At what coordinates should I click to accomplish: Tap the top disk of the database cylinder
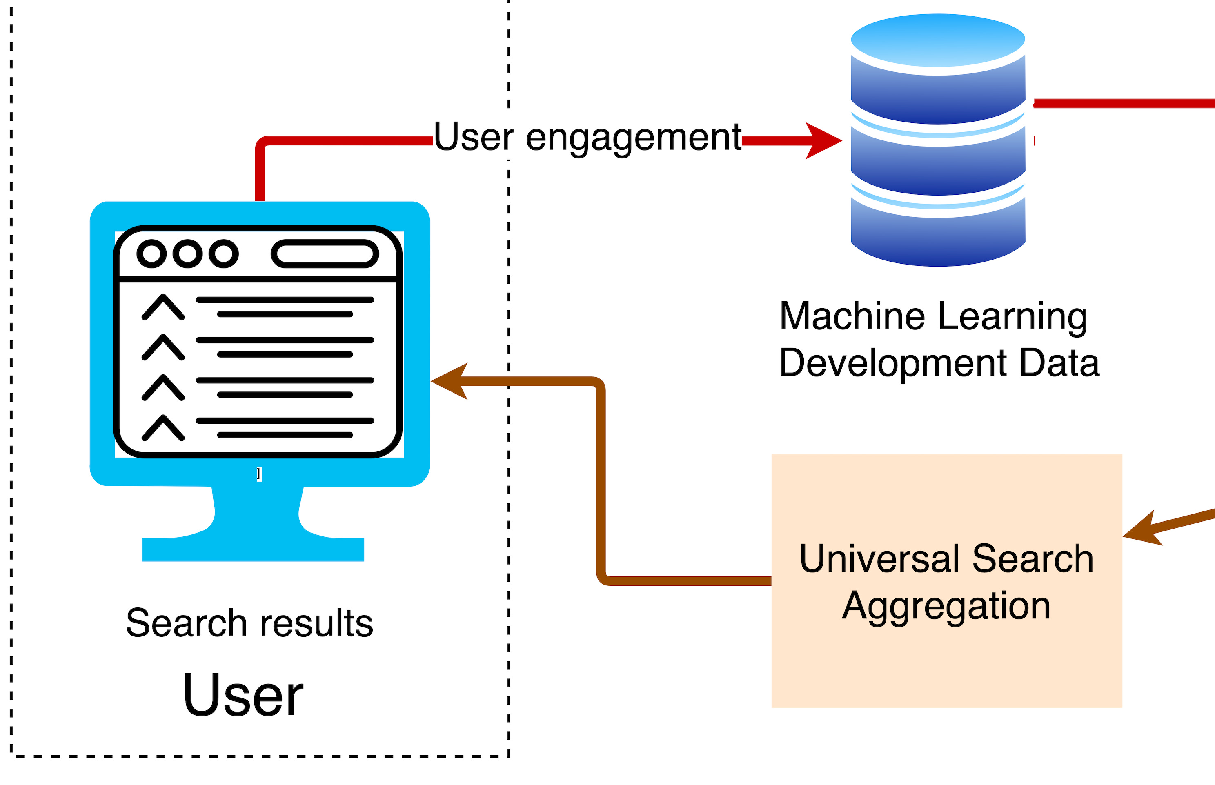click(x=938, y=40)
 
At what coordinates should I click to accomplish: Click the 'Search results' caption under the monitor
click(x=250, y=623)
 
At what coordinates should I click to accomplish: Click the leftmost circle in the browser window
click(x=151, y=254)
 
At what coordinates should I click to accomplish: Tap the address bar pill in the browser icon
click(x=325, y=254)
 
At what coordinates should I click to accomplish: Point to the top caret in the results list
click(x=163, y=307)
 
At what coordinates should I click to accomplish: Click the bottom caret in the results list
click(x=163, y=428)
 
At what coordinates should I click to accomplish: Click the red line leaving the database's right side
click(x=1121, y=103)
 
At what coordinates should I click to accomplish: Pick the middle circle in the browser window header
click(x=187, y=254)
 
